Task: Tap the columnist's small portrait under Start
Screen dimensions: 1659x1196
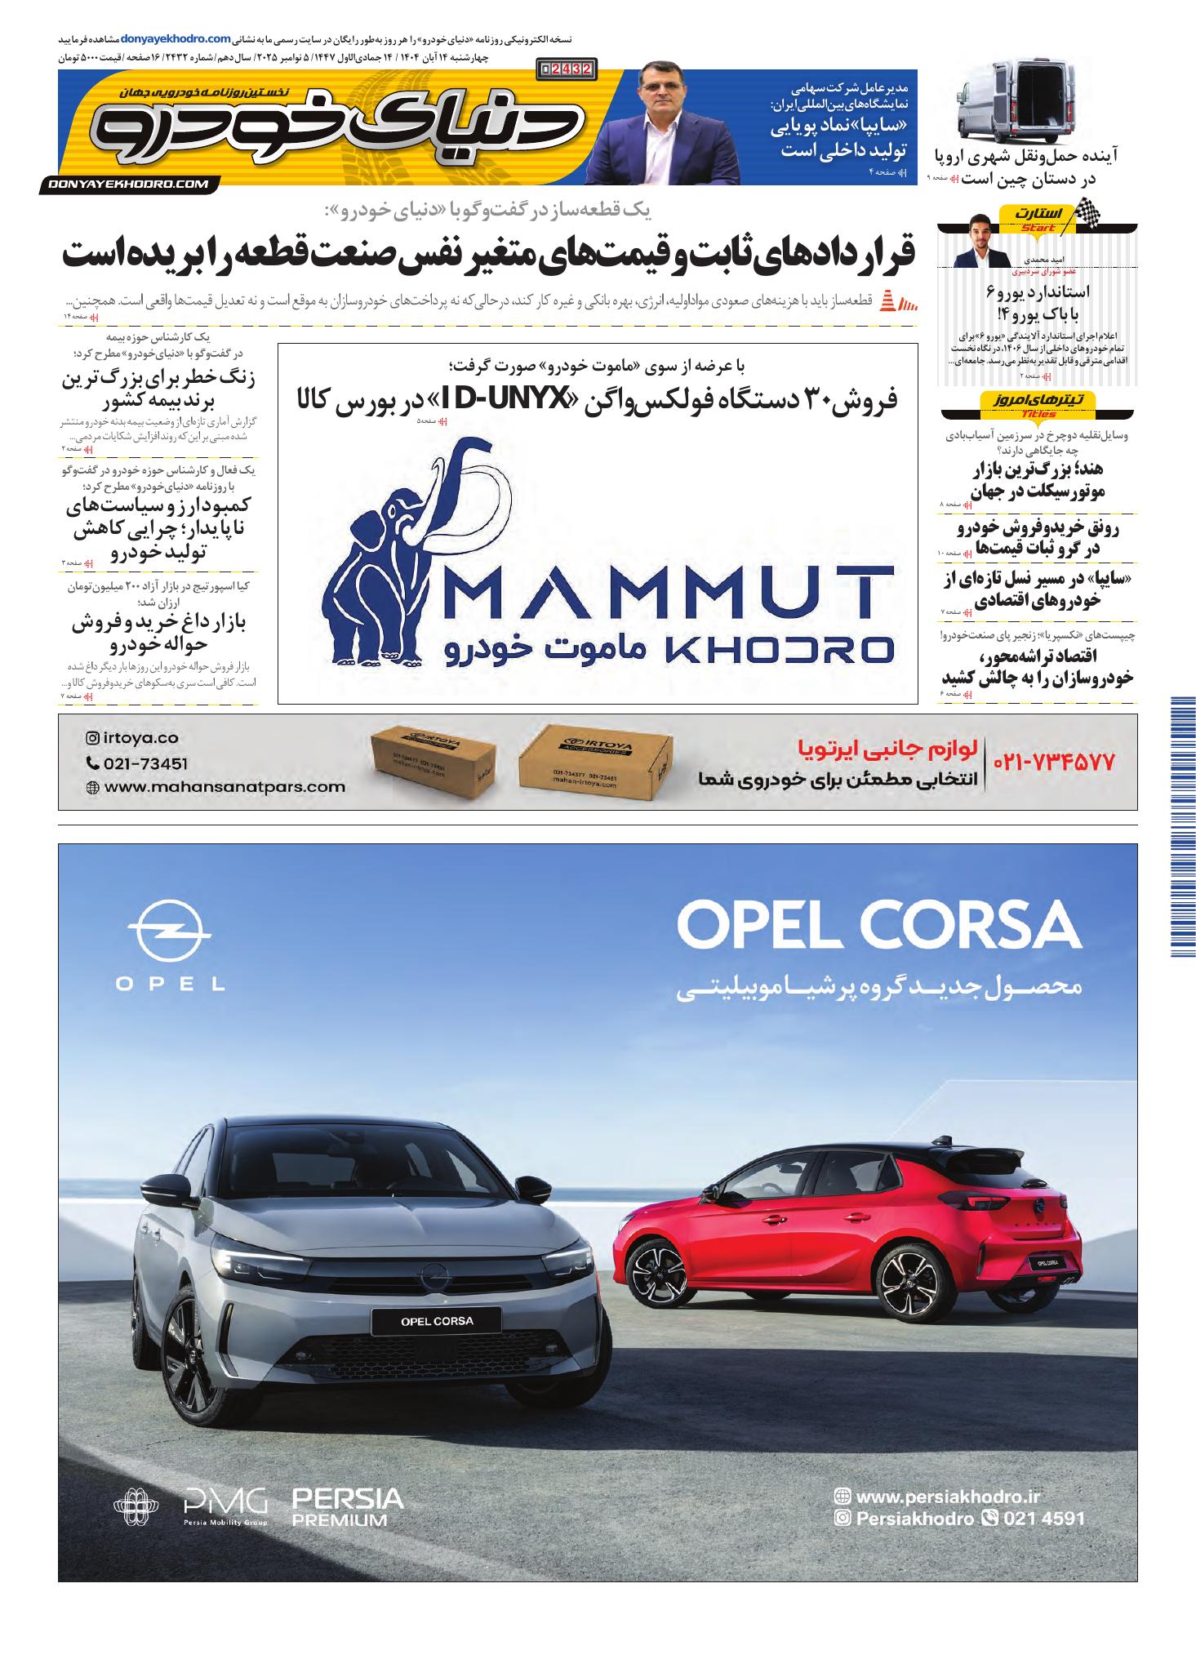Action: coord(978,242)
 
